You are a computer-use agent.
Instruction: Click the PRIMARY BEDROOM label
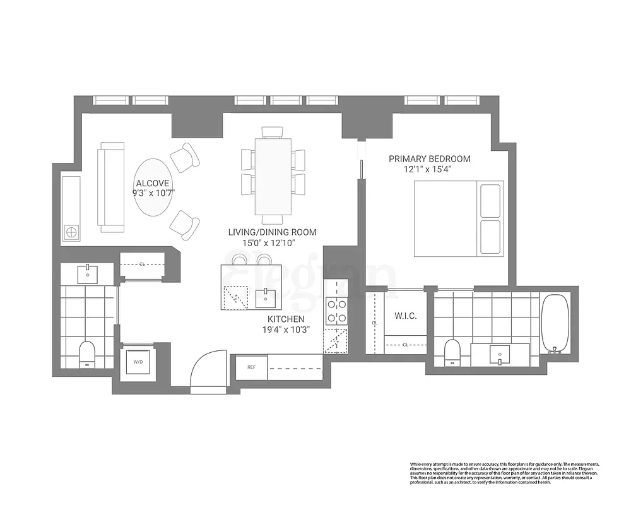point(429,159)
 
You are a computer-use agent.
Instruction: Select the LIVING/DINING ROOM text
point(272,232)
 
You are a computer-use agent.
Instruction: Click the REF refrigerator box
point(251,367)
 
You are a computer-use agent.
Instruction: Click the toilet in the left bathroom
point(87,353)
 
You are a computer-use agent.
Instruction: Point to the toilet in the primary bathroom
point(452,352)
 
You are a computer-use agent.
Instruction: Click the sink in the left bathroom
point(87,273)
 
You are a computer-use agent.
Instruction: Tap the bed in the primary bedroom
point(459,218)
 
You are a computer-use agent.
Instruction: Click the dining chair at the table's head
point(273,131)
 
